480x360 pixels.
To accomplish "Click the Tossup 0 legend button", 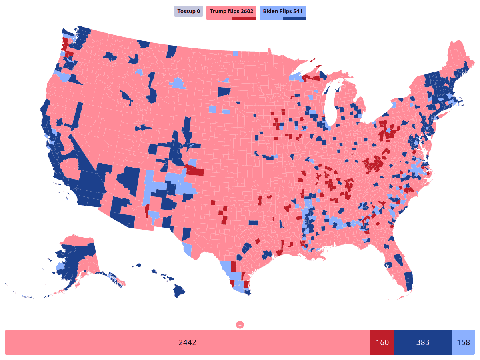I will pos(188,11).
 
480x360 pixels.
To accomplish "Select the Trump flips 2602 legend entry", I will pos(231,11).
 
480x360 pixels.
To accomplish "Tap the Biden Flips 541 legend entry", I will pos(282,11).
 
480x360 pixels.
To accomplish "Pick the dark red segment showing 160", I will pos(382,342).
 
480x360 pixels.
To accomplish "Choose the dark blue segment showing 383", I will pos(423,342).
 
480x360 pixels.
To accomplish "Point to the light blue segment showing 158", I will pos(463,342).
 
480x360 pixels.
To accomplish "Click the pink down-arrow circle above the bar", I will pos(240,324).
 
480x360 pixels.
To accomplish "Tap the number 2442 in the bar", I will pos(187,342).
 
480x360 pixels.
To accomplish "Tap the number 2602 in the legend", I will pos(247,11).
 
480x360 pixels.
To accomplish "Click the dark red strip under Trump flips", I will pos(244,18).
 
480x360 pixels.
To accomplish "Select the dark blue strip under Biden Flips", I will pos(294,18).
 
